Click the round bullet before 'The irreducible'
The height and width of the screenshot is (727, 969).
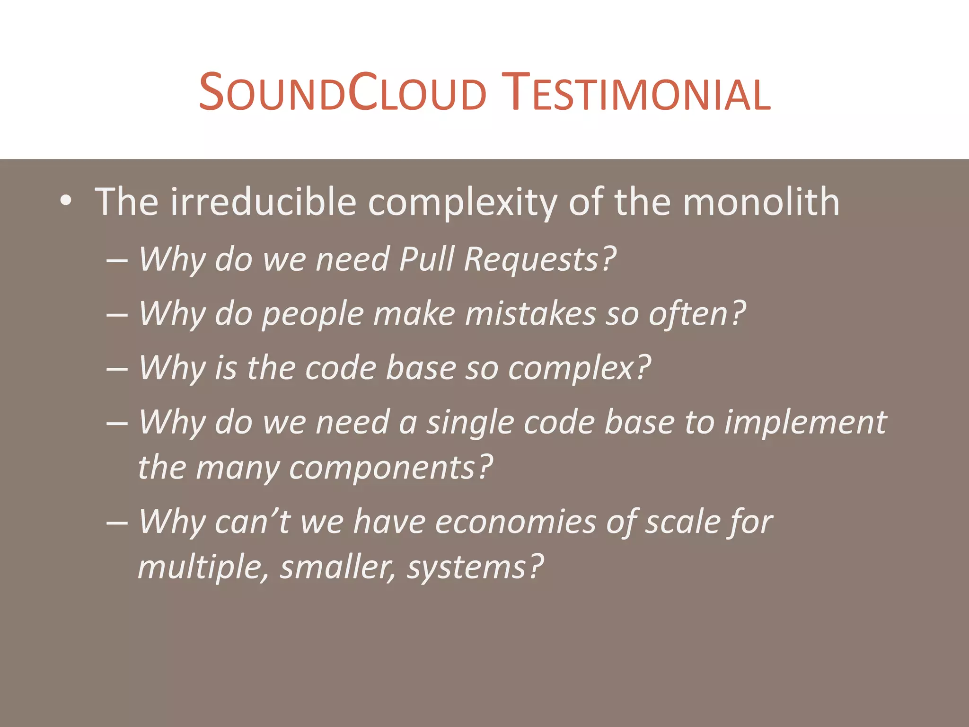[66, 202]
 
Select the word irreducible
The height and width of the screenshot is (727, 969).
[263, 202]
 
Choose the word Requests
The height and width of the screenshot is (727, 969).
[539, 260]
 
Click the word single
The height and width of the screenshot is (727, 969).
[470, 423]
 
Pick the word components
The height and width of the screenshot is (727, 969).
[391, 468]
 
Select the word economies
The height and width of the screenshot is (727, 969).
[515, 522]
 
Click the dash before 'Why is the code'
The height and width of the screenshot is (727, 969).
[117, 369]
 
